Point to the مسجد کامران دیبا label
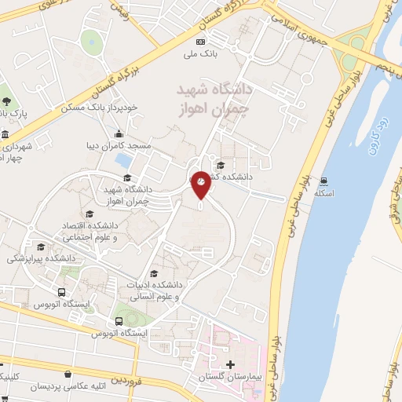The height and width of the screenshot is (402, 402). click(117, 146)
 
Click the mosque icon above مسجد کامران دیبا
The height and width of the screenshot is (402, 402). click(118, 133)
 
